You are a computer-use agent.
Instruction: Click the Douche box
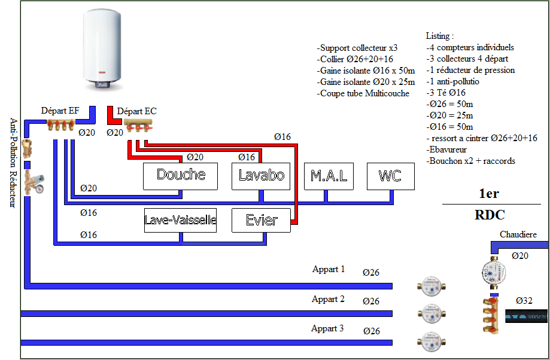[180, 175]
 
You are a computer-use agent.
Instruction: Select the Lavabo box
[260, 176]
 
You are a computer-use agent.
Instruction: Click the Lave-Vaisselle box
[180, 220]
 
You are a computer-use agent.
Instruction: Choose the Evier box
[262, 220]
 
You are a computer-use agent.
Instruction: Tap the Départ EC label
[137, 111]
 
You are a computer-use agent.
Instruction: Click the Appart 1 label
[329, 270]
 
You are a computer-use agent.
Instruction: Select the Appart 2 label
[328, 299]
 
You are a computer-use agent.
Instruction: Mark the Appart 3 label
[327, 329]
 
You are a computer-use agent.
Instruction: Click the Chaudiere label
[518, 235]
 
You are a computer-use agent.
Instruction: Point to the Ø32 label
[524, 300]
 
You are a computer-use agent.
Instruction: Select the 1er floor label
[488, 194]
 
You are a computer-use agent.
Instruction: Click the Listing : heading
[440, 36]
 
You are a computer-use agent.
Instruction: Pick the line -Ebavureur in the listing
[446, 150]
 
